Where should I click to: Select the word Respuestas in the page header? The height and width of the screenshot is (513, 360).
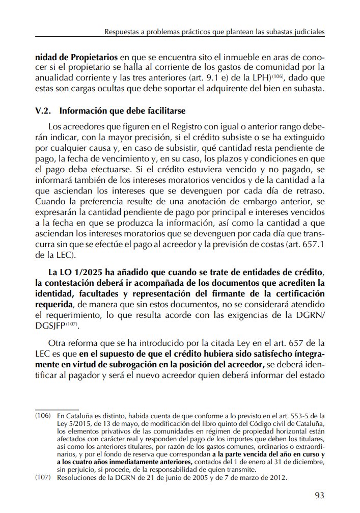point(123,32)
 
